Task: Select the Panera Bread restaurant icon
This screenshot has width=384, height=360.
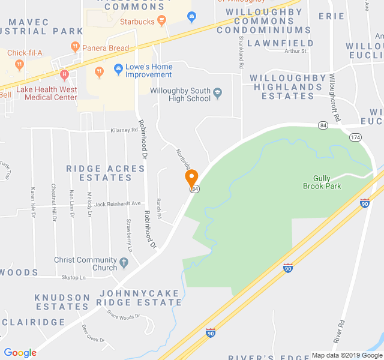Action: pyautogui.click(x=75, y=46)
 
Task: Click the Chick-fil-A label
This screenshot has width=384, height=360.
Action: pyautogui.click(x=25, y=53)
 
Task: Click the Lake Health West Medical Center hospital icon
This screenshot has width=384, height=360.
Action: pyautogui.click(x=65, y=75)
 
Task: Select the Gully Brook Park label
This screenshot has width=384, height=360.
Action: pyautogui.click(x=326, y=182)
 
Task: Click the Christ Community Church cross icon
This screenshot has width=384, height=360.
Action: pyautogui.click(x=124, y=263)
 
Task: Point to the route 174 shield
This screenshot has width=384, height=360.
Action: pyautogui.click(x=356, y=137)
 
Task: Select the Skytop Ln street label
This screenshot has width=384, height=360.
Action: pyautogui.click(x=73, y=277)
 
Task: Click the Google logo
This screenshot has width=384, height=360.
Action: pyautogui.click(x=20, y=353)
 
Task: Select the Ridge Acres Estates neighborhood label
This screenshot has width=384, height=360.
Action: pyautogui.click(x=106, y=173)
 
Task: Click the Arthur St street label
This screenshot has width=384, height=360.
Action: pyautogui.click(x=296, y=51)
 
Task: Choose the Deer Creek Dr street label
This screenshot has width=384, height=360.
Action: pyautogui.click(x=94, y=334)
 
